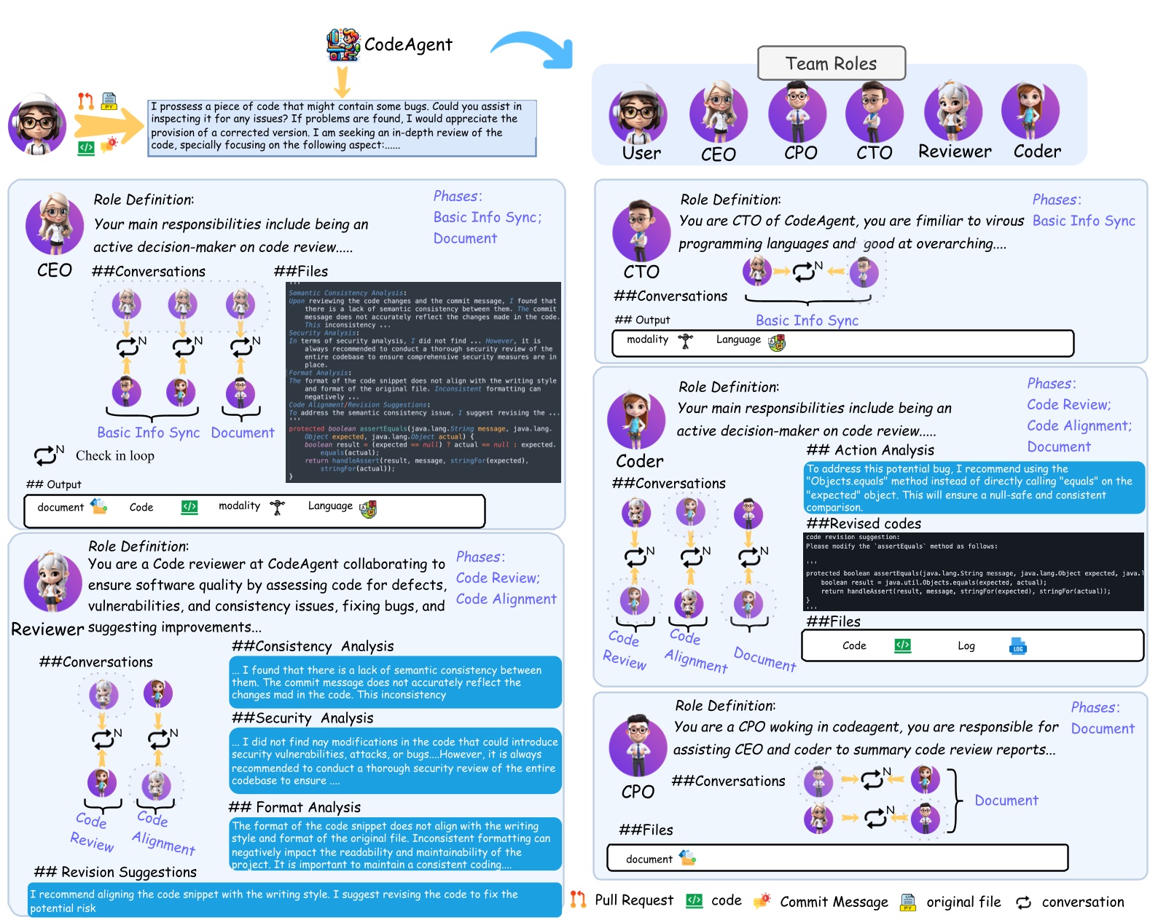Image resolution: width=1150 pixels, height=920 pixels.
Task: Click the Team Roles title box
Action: coord(831,63)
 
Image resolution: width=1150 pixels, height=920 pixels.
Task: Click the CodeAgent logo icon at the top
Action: coord(343,45)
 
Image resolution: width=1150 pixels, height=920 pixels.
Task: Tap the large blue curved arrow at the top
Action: coord(534,49)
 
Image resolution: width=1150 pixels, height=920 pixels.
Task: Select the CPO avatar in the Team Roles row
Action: coord(797,113)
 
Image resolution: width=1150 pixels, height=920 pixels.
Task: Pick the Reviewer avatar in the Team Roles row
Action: coord(953,111)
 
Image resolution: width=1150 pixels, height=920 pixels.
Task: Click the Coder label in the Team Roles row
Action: coord(1037,152)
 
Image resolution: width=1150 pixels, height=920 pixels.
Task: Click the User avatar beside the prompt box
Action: coord(37,125)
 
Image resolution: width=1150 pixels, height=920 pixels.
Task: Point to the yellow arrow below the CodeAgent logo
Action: coord(342,82)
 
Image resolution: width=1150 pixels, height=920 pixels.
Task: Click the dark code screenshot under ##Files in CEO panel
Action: coord(423,382)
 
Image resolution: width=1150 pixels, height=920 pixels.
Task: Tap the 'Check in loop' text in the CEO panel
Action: coord(115,456)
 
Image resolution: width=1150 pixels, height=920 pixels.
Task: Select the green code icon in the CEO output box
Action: coord(189,507)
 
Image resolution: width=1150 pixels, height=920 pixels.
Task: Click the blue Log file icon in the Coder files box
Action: coord(1017,646)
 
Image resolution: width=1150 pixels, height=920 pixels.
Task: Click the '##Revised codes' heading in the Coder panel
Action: coord(864,524)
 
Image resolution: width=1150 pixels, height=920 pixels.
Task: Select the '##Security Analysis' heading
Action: coord(302,718)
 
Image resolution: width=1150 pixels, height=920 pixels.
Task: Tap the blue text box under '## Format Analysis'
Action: coord(395,844)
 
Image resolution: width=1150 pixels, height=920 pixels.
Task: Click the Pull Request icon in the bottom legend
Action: coord(578,900)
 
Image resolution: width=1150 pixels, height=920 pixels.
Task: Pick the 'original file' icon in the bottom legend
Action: coord(908,903)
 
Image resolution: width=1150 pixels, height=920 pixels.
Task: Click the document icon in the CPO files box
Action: coord(687,858)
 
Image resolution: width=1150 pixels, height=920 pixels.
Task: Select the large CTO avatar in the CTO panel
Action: coord(641,232)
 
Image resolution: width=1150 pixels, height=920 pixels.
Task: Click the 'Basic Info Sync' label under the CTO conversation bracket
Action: coord(807,321)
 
